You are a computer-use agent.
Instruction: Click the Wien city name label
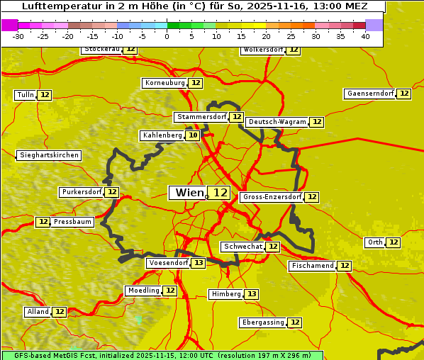point(188,193)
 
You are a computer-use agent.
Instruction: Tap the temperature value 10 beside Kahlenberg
point(193,135)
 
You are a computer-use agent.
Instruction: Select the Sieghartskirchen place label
point(48,155)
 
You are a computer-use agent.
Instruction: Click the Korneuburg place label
point(164,83)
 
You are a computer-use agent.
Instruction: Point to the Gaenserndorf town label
point(369,94)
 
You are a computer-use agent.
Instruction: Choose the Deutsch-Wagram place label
point(277,122)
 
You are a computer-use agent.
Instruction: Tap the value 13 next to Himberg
point(252,294)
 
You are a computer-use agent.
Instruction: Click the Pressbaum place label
point(72,222)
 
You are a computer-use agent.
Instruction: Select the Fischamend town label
point(311,266)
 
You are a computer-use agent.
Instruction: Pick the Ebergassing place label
point(262,322)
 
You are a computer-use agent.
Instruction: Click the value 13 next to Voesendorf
point(199,263)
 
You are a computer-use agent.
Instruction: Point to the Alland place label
point(38,312)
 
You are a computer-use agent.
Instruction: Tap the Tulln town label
point(26,95)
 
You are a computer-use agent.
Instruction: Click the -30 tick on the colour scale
point(18,36)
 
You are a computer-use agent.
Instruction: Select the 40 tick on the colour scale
point(365,36)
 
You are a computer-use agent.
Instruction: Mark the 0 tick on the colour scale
point(167,36)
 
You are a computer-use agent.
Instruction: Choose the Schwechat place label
point(242,247)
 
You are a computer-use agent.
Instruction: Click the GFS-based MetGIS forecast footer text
point(162,355)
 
